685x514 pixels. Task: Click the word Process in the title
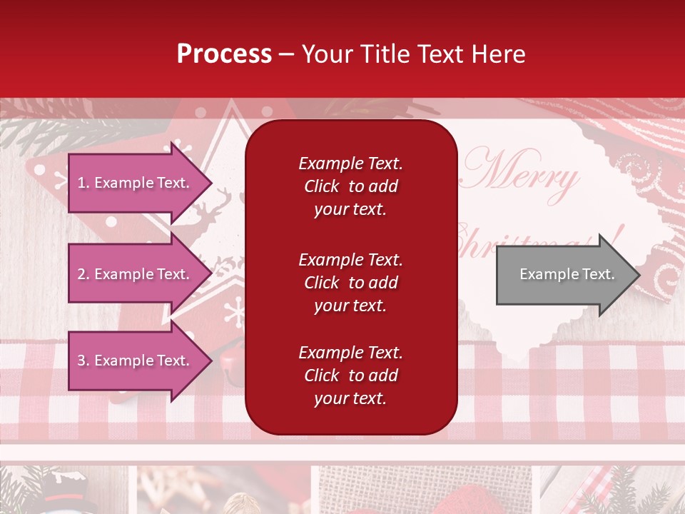(224, 54)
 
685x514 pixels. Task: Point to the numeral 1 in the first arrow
(81, 183)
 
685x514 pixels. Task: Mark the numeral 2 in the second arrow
(81, 274)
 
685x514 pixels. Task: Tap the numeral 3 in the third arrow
(81, 361)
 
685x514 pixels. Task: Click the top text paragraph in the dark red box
(350, 186)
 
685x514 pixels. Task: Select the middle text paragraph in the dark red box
(350, 283)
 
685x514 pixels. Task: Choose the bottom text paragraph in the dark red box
(350, 376)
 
